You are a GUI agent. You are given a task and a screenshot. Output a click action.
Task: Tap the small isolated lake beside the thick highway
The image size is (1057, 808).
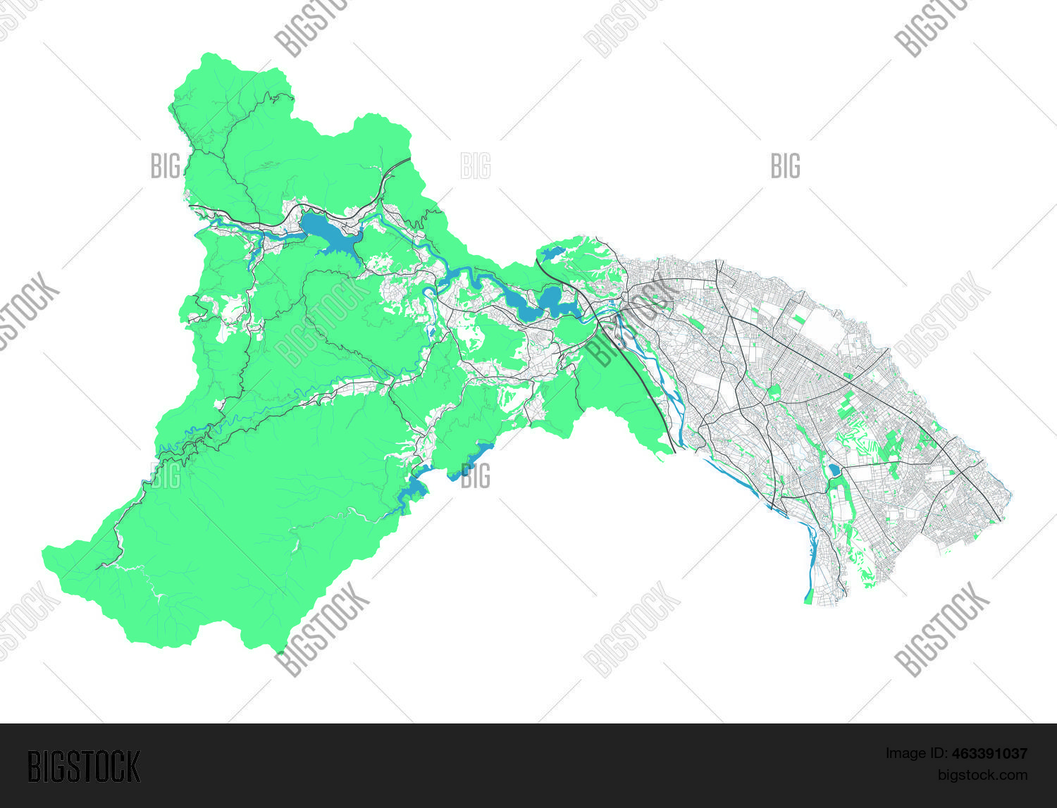coord(551,253)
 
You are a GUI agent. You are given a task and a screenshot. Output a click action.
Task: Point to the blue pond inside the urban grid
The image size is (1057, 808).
coord(834,469)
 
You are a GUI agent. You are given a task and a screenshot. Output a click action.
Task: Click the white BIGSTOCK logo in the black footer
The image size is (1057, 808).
coord(84,766)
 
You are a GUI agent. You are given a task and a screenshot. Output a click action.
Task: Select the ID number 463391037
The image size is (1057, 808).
coord(989,754)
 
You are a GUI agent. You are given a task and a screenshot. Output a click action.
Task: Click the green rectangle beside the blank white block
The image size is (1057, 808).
coord(798,319)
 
